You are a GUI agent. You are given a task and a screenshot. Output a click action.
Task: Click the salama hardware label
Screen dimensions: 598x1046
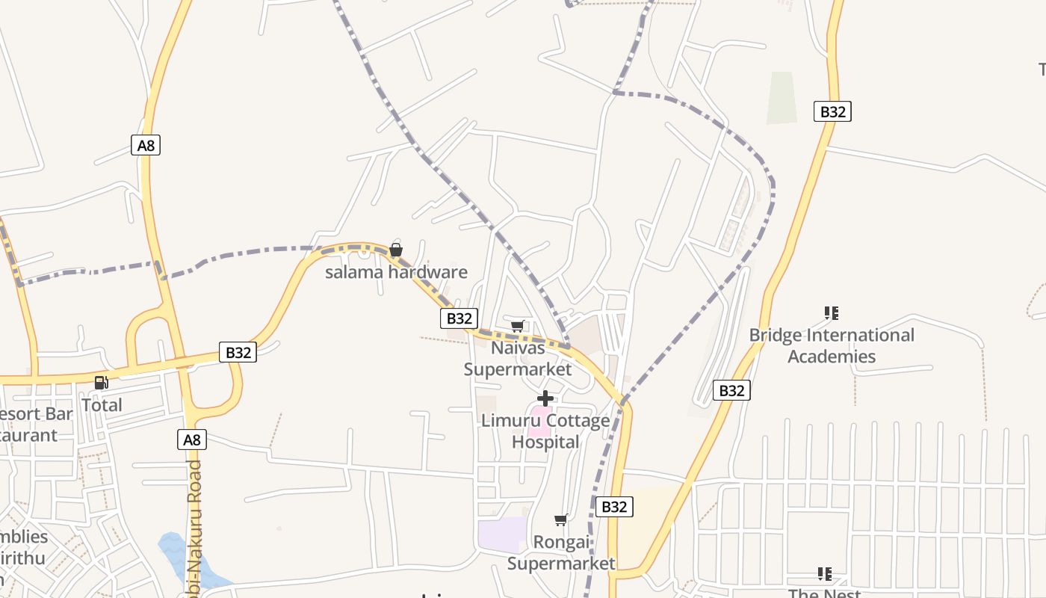pos(396,272)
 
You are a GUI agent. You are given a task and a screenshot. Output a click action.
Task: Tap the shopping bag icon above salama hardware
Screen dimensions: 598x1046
pos(396,250)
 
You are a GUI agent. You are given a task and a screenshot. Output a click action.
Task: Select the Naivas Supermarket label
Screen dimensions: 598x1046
pos(518,358)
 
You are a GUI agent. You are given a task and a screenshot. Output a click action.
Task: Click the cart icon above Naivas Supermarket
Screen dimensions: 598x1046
pos(518,326)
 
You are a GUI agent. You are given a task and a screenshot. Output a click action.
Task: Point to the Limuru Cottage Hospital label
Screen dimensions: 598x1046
pos(545,431)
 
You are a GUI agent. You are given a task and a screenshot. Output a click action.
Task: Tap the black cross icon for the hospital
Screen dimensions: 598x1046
pos(545,398)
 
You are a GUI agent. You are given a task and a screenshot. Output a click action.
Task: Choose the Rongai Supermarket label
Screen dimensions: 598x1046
pos(561,552)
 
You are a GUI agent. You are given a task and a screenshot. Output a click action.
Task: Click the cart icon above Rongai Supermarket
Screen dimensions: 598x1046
pos(561,520)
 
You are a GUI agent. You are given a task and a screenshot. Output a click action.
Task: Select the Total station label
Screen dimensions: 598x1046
pos(102,405)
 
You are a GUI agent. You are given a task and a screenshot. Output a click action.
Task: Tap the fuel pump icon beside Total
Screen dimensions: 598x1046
pos(101,383)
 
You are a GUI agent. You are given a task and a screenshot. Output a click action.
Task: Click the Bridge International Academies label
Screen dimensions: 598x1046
pos(832,345)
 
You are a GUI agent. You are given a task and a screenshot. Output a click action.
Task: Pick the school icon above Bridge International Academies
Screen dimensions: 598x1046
pos(832,312)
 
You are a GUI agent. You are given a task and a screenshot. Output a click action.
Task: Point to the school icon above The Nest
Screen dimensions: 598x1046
pos(825,574)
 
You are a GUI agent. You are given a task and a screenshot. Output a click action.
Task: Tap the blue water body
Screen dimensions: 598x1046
pos(176,553)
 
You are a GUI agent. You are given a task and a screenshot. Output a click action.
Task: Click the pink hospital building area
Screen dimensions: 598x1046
pos(539,422)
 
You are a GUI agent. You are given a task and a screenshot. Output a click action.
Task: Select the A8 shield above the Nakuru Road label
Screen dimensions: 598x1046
pos(192,440)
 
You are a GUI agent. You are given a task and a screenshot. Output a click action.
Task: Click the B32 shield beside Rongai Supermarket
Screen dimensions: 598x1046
pos(614,507)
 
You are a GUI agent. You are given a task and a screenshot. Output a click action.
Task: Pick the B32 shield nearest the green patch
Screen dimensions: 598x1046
pos(832,111)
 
